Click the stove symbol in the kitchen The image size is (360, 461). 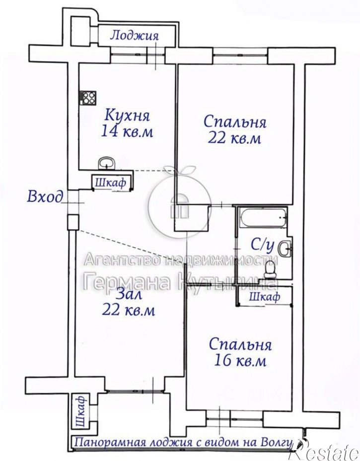tap(88, 98)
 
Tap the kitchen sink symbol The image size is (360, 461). tap(106, 163)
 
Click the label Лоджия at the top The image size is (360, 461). tap(134, 36)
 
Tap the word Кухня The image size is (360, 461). tap(127, 115)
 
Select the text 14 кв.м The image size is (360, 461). tap(127, 132)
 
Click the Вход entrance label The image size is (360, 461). tap(45, 197)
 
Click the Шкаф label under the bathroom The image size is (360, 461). tap(263, 297)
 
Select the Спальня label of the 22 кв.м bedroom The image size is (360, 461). tap(235, 122)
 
